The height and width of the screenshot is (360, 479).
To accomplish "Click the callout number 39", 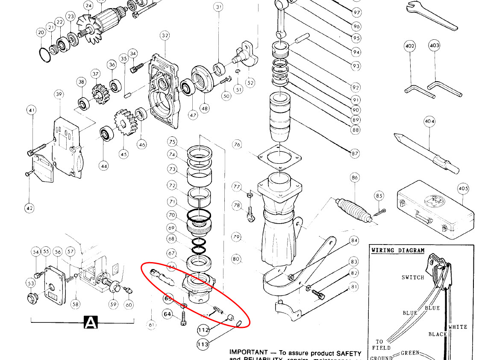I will [59, 94].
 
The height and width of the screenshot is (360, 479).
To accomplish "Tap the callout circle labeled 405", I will [463, 189].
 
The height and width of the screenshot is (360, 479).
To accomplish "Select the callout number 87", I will [355, 153].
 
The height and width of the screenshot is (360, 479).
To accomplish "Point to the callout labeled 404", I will [429, 122].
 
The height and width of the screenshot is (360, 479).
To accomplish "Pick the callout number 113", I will [203, 344].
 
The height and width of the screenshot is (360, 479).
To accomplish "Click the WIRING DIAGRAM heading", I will [398, 251].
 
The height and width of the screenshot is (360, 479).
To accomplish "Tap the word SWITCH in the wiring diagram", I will [413, 277].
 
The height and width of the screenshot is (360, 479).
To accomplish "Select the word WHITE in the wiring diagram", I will [458, 327].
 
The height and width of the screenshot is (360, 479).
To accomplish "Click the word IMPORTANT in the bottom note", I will [248, 352].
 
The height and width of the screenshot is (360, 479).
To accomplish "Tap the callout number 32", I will [165, 36].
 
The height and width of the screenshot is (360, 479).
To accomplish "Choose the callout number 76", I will [238, 145].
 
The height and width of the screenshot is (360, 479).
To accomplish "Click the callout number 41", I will [31, 110].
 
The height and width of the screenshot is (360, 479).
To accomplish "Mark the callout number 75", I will [172, 142].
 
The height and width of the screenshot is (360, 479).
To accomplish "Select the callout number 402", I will [410, 45].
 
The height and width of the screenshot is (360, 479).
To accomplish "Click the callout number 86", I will [355, 177].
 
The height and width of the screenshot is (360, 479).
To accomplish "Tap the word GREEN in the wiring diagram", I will [410, 354].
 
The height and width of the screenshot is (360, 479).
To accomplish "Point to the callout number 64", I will [168, 315].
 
